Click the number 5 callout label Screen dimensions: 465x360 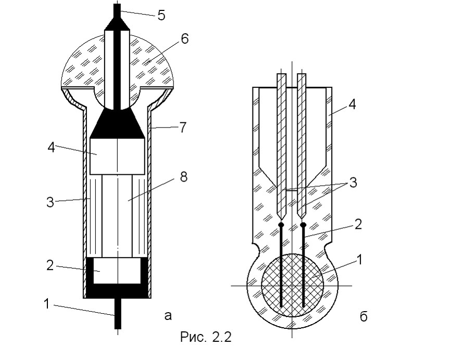point(161,16)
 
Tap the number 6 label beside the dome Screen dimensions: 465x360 point(184,39)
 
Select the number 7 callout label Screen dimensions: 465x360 point(183,127)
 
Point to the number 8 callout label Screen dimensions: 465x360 point(184,177)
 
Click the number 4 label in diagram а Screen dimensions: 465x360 point(52,147)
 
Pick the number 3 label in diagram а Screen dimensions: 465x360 point(50,202)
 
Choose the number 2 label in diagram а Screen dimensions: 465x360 point(50,265)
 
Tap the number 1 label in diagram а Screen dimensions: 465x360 point(46,304)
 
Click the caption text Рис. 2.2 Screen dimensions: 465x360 point(206,337)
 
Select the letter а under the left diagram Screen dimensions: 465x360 point(168,316)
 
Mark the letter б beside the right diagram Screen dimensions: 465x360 point(363,316)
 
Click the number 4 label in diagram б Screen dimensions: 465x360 point(352,104)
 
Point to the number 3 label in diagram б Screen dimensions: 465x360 point(353,183)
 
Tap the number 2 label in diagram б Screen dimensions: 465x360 point(358,224)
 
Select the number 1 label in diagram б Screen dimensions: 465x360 point(359,260)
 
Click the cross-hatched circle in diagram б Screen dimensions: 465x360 point(292,285)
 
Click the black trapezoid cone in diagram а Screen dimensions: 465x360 point(118,123)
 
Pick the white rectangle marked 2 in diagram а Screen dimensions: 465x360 point(117,271)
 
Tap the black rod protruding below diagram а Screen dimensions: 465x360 point(118,313)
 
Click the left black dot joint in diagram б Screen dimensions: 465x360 point(281,225)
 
